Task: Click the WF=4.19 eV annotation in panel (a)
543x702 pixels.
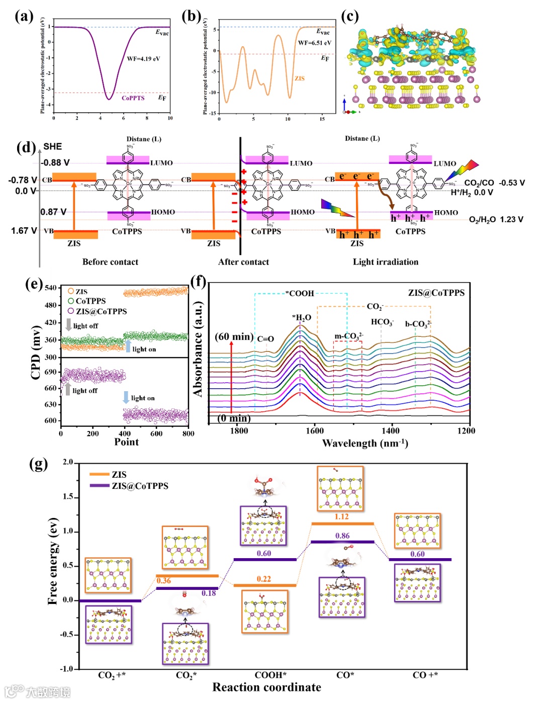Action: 143,59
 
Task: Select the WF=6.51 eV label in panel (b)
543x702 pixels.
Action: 314,43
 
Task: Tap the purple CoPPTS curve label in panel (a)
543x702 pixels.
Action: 133,98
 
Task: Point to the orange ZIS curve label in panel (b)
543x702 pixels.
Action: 300,78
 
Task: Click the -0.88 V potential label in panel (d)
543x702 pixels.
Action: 55,162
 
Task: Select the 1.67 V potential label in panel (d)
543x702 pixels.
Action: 24,231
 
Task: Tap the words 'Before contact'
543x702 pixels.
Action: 110,261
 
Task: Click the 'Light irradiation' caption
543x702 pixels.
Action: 385,261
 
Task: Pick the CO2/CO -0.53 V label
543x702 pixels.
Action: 494,183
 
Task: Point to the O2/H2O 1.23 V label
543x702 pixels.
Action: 496,219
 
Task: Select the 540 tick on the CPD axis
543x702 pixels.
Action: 51,288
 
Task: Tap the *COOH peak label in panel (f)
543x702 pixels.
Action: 300,293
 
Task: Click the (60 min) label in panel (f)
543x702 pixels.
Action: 234,336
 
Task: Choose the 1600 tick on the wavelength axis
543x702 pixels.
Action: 315,430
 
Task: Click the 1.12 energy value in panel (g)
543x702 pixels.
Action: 341,516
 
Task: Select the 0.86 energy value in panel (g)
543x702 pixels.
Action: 342,536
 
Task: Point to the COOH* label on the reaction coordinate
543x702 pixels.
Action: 270,675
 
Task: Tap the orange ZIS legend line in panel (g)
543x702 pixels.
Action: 99,474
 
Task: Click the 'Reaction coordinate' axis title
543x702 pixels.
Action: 266,687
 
